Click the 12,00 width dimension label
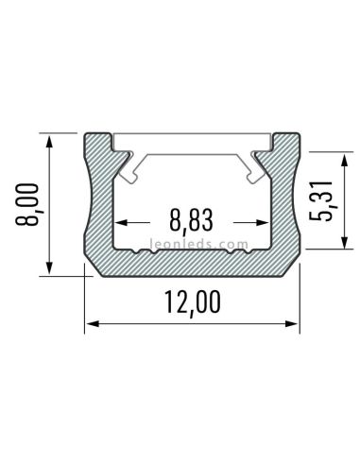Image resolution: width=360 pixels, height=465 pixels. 193,303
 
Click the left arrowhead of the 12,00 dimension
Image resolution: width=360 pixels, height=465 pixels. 92,326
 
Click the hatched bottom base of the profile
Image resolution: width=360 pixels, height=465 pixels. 192,265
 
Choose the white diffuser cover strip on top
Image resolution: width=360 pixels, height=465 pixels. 192,143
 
